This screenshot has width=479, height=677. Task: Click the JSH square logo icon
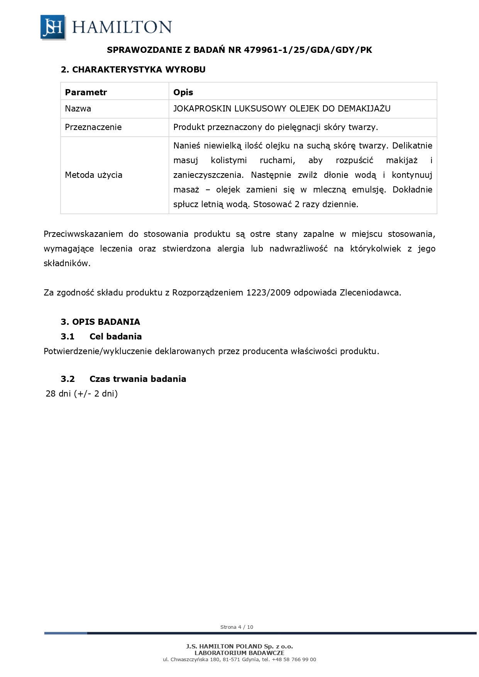[53, 27]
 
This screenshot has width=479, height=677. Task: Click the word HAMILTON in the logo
[122, 27]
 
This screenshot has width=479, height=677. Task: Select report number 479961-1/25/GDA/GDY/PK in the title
[308, 50]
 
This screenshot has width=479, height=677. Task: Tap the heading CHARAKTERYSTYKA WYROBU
[139, 69]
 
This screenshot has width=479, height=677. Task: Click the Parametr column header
[86, 92]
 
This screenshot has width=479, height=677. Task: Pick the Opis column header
[183, 92]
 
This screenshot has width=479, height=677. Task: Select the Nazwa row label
[78, 109]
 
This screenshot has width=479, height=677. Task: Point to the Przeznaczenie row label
[93, 127]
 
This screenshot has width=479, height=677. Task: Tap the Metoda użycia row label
[93, 175]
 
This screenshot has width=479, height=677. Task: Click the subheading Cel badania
[115, 336]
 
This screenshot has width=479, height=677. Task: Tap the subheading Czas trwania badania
[137, 379]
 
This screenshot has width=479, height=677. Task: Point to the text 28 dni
[58, 394]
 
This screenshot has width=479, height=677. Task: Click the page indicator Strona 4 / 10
[237, 627]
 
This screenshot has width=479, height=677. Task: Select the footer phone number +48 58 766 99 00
[294, 659]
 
